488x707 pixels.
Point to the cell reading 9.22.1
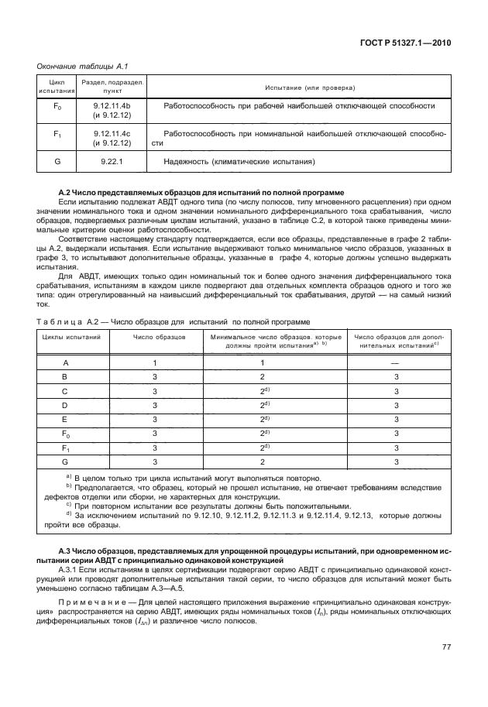tap(112, 162)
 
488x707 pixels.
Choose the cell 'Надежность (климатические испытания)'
tap(239, 162)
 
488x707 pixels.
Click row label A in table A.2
tap(65, 362)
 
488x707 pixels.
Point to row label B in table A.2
tap(65, 377)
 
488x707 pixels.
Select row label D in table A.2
tap(65, 405)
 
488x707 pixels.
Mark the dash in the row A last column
tap(396, 362)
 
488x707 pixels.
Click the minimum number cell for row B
tap(263, 377)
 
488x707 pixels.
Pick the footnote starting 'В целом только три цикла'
tap(194, 477)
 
